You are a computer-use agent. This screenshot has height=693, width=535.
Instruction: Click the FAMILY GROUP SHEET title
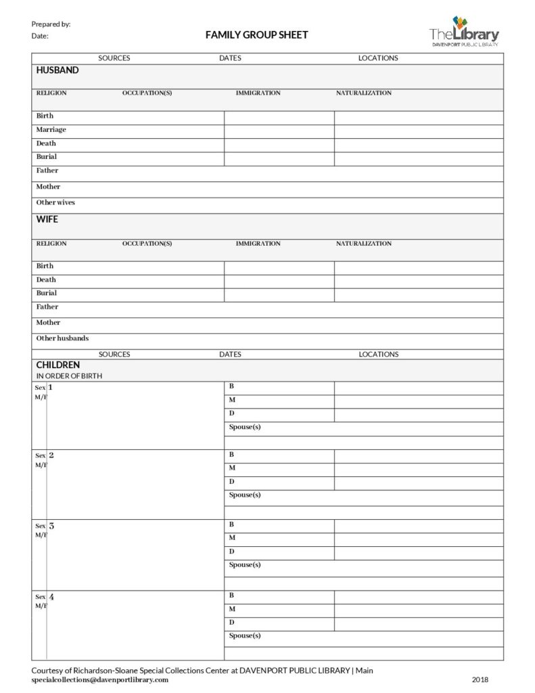(256, 35)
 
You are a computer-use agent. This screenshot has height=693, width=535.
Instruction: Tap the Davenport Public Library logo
(464, 32)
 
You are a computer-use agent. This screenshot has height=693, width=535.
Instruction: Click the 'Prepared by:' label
(51, 24)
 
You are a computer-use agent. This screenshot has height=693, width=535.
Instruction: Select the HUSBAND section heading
(57, 70)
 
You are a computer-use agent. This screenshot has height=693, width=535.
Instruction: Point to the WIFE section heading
(47, 219)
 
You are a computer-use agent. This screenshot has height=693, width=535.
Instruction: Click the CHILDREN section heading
(58, 365)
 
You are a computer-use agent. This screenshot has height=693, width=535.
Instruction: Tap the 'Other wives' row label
(55, 202)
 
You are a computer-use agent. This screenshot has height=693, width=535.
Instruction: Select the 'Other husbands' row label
(62, 338)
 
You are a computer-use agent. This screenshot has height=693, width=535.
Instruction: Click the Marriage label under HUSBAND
(51, 129)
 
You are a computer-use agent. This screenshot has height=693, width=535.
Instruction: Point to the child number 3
(51, 526)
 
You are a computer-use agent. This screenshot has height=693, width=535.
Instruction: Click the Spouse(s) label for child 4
(245, 635)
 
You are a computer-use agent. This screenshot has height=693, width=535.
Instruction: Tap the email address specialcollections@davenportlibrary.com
(100, 680)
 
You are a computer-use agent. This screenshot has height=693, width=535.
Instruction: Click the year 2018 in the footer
(480, 680)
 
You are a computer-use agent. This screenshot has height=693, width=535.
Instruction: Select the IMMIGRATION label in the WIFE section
(258, 244)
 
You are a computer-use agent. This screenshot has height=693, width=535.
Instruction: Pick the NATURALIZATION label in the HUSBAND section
(364, 93)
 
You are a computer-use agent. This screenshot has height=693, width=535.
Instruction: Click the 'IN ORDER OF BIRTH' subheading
(69, 376)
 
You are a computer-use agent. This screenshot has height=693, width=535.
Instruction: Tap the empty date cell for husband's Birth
(279, 118)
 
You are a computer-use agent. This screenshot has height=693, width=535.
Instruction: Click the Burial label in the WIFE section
(47, 293)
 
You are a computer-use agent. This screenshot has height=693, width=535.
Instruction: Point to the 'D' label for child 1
(232, 413)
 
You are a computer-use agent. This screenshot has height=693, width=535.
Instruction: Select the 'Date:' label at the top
(40, 37)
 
